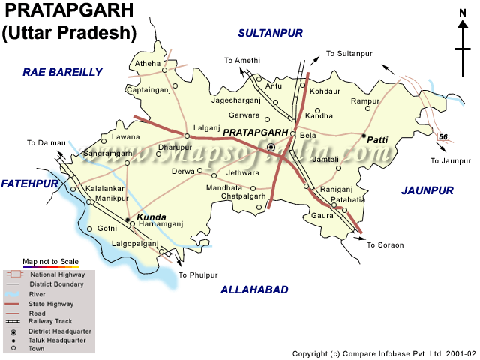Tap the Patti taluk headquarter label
point(377,139)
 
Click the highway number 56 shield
point(443,136)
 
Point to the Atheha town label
point(147,64)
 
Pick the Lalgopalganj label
point(135,244)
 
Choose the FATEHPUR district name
point(30,183)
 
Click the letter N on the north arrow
point(463,13)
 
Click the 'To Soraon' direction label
point(385,245)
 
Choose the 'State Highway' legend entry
point(52,303)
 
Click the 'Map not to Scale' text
point(50,260)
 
